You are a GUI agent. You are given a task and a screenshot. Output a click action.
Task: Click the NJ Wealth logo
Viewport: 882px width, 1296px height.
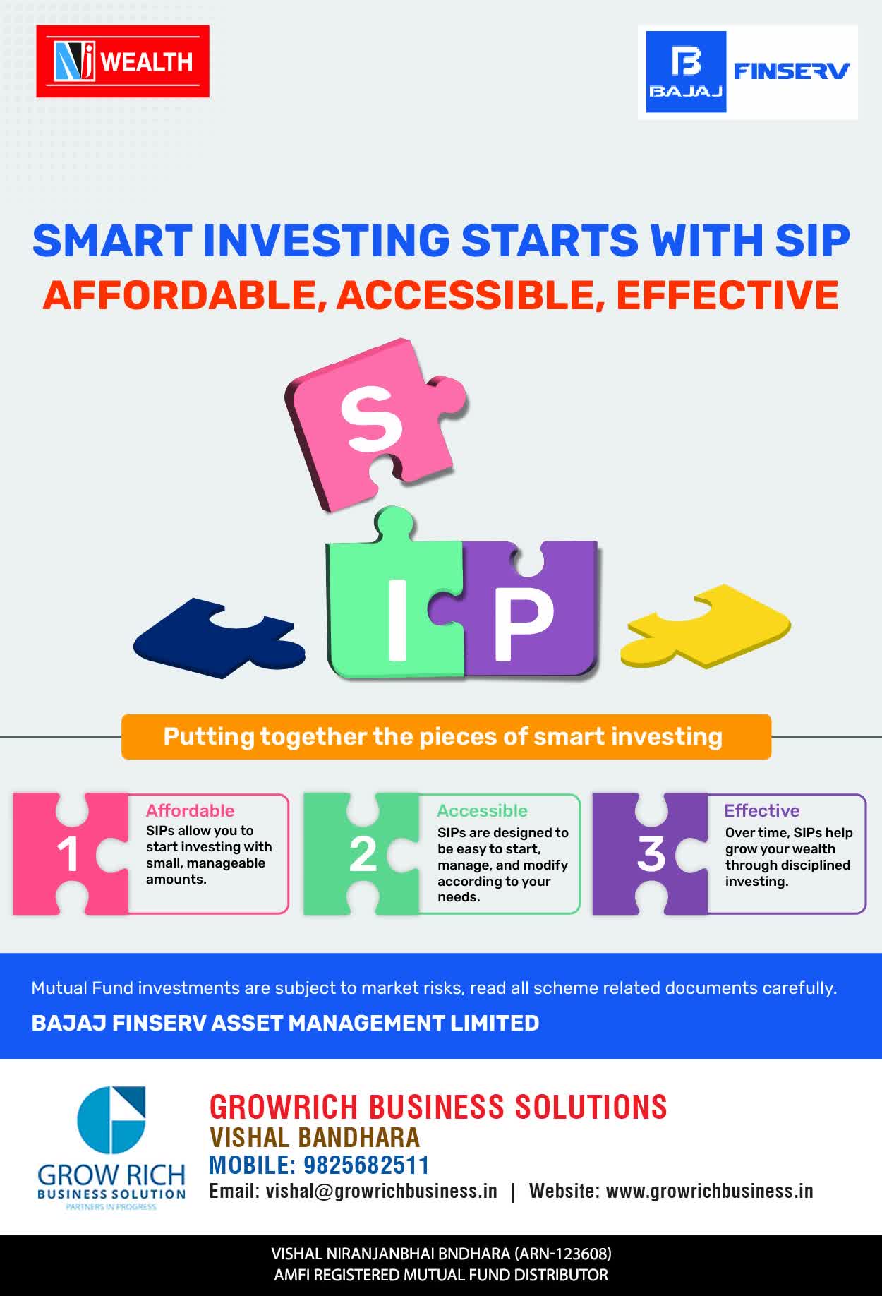pos(123,61)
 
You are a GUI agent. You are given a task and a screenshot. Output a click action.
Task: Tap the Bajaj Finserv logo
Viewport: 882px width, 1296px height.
pos(748,72)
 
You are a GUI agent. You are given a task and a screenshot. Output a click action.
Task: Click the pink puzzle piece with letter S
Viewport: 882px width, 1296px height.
pos(376,424)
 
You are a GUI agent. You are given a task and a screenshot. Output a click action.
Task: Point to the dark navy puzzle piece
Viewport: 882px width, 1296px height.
pos(219,637)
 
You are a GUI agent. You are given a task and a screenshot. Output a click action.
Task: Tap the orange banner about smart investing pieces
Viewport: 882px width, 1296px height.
pos(446,737)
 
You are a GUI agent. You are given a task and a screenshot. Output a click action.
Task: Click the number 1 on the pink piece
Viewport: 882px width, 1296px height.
pos(68,855)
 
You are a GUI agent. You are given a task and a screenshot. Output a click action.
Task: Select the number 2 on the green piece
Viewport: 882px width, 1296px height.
pos(363,855)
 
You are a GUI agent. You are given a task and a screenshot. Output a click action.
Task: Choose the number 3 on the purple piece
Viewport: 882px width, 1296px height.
pos(651,854)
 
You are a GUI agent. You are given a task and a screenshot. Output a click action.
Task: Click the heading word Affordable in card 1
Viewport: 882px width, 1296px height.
pos(190,810)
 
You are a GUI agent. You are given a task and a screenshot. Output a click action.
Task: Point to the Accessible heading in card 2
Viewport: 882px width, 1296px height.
pos(482,810)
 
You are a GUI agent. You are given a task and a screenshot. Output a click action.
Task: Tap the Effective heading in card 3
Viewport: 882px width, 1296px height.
pos(762,810)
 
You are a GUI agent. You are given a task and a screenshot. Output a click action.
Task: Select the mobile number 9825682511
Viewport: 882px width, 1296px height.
pos(367,1165)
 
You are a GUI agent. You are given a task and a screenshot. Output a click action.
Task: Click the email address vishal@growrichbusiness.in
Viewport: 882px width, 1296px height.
pos(381,1192)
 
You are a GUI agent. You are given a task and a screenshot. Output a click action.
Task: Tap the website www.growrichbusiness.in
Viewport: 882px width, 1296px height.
pos(710,1192)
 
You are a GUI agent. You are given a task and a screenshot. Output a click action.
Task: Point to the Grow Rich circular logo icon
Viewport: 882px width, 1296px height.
pos(111,1120)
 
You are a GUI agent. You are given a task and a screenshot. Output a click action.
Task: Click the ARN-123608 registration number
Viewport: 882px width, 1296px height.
pos(562,1254)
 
